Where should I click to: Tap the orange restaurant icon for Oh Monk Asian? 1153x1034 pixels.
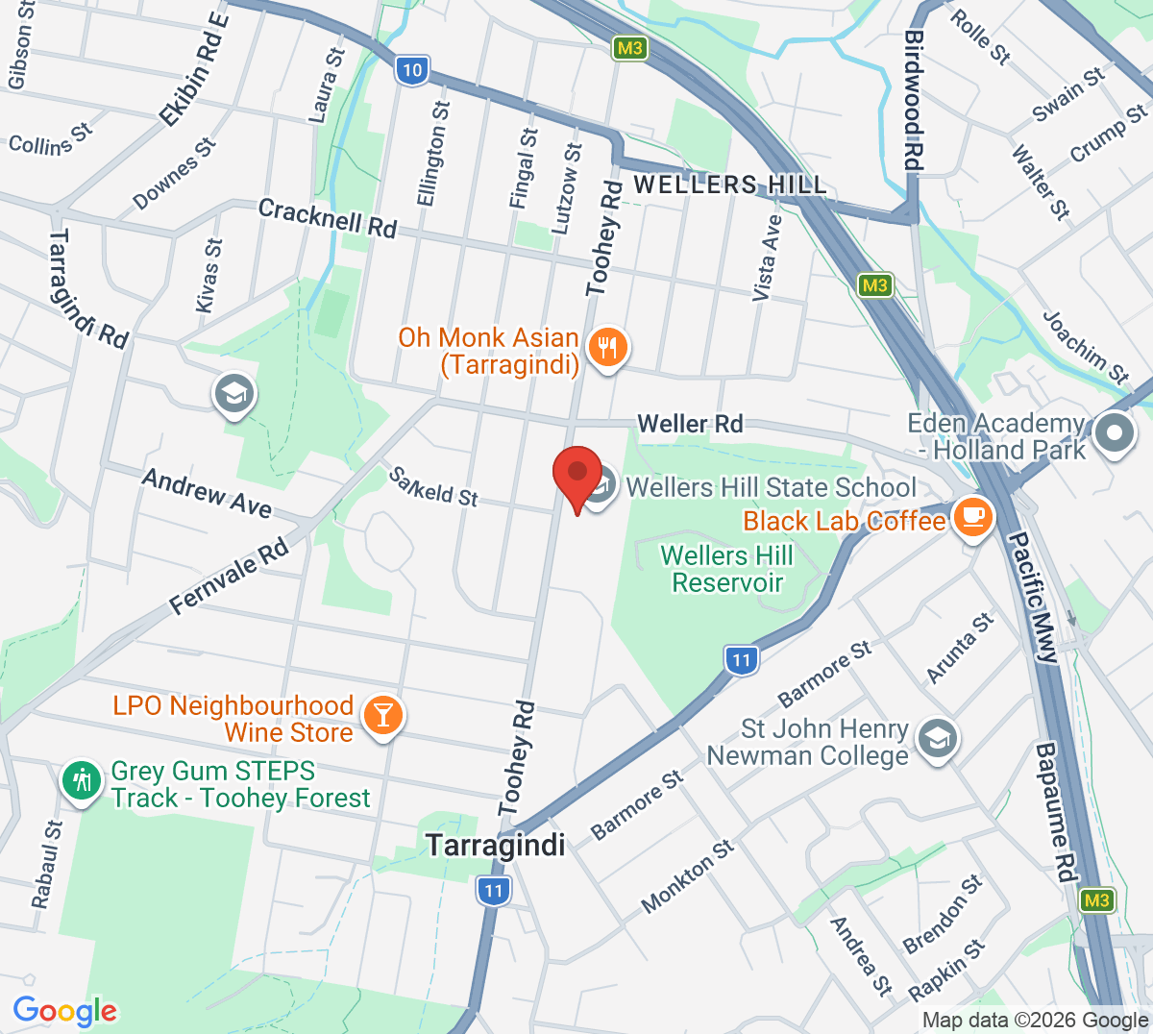point(606,346)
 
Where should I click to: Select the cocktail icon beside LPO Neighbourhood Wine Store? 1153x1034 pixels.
point(383,716)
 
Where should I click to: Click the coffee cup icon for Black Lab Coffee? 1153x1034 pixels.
point(973,517)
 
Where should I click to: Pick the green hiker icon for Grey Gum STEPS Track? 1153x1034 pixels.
point(84,780)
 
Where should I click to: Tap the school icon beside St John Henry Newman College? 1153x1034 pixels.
point(936,739)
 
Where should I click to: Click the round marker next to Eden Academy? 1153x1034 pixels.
point(1114,433)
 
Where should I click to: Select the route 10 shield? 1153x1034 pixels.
point(412,69)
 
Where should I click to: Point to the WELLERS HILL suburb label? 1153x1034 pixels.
point(729,185)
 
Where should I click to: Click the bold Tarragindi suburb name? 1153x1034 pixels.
point(496,846)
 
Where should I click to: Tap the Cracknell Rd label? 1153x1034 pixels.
point(327,218)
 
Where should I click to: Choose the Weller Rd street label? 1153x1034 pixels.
point(690,424)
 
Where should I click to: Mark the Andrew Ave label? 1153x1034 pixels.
point(207,492)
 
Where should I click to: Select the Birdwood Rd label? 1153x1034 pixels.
point(913,100)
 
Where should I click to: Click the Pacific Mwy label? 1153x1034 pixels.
point(1032,596)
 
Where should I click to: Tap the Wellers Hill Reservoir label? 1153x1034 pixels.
point(727,569)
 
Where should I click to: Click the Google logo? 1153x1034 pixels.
point(64,1011)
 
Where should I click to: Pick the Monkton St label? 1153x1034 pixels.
point(688,875)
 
